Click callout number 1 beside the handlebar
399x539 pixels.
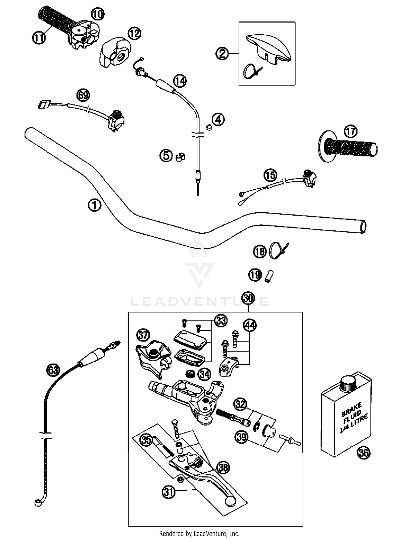point(94,205)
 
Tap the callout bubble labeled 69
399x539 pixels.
point(83,95)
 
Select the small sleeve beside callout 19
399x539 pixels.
point(269,276)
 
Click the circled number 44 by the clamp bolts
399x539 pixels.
point(250,326)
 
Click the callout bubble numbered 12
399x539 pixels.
point(134,34)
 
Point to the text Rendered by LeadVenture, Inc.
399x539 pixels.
point(199,534)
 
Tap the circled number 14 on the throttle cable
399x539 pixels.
point(180,80)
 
